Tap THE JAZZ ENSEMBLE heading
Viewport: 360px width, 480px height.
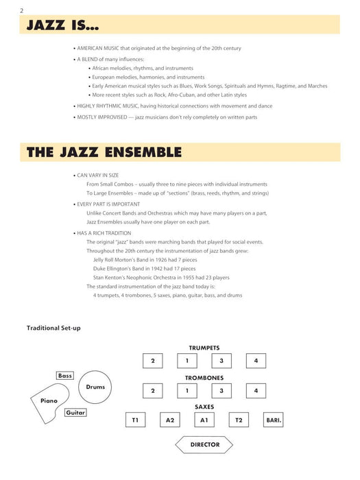point(104,152)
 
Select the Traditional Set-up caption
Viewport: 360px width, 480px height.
point(53,328)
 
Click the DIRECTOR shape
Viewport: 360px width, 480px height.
point(204,445)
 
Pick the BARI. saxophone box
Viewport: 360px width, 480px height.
point(274,420)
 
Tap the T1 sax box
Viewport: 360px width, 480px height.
point(135,420)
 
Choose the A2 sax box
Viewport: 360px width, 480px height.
point(169,420)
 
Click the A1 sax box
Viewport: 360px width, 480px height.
point(204,420)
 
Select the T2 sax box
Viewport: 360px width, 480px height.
point(239,420)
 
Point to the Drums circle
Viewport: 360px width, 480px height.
point(95,387)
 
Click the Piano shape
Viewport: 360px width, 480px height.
point(49,402)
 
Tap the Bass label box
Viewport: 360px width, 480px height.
point(65,376)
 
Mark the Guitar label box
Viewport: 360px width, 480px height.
point(75,412)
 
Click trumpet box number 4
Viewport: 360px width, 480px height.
point(256,361)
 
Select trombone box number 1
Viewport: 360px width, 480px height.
point(187,391)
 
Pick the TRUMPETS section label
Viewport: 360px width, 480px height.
point(204,348)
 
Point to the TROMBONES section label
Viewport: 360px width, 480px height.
point(204,378)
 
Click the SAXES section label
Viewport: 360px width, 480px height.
point(204,407)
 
